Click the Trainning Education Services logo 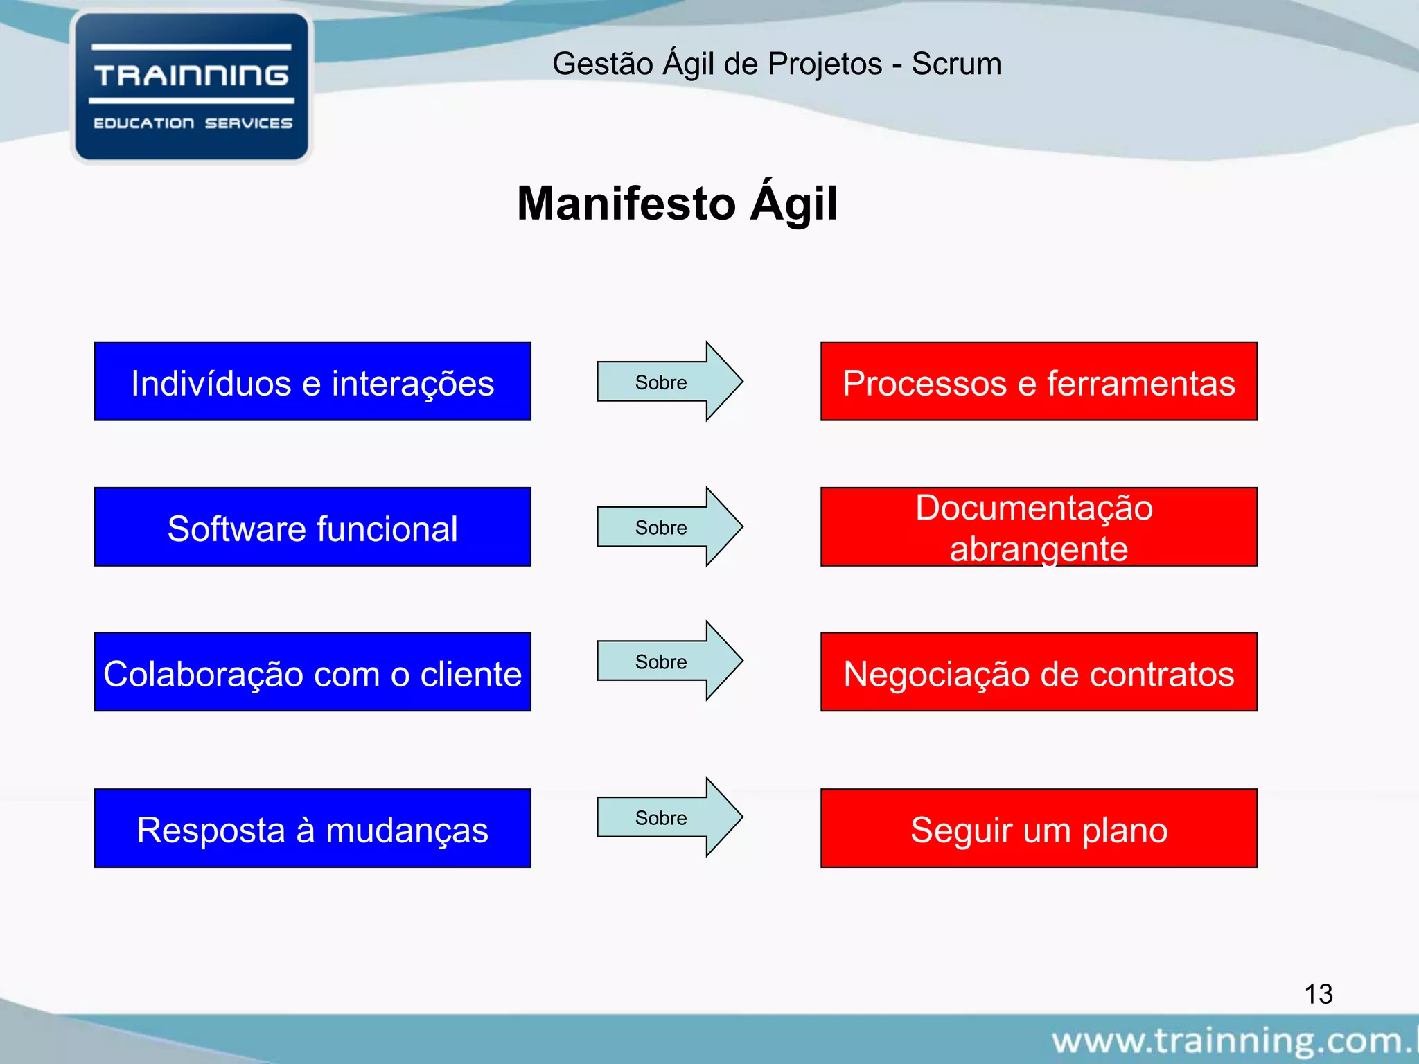[191, 87]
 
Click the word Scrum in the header [956, 64]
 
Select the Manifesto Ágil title [677, 204]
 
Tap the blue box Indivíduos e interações [312, 382]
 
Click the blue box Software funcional [312, 527]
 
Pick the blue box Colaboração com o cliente [312, 672]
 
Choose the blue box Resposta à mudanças [312, 828]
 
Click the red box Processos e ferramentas [1039, 382]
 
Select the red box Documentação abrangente [1039, 527]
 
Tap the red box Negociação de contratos [1039, 672]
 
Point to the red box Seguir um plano [1039, 828]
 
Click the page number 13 [1318, 994]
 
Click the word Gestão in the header [603, 64]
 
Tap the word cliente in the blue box [470, 674]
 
